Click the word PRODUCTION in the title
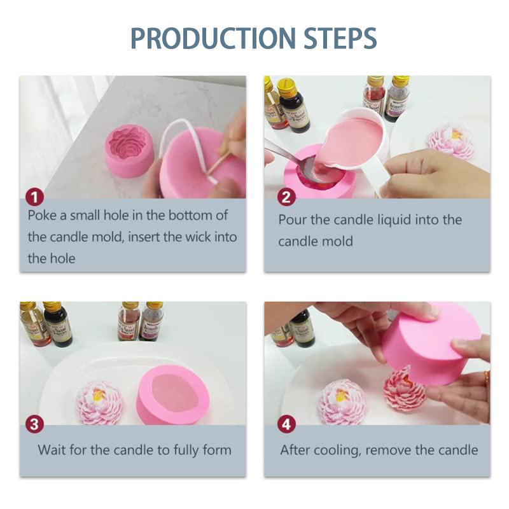click(x=213, y=38)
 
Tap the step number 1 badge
click(x=34, y=197)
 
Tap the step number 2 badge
click(x=286, y=197)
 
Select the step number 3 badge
click(x=34, y=424)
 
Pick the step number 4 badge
click(x=286, y=424)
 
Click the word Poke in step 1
click(x=42, y=215)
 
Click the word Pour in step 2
click(x=292, y=220)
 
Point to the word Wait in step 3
click(x=52, y=450)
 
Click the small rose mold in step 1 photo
click(x=129, y=150)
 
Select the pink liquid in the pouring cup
click(x=351, y=143)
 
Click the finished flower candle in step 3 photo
click(x=100, y=403)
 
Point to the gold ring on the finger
click(x=487, y=377)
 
